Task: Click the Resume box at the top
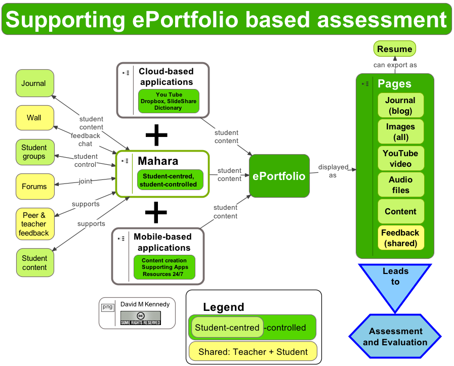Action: pyautogui.click(x=395, y=49)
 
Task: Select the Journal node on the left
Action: pyautogui.click(x=34, y=83)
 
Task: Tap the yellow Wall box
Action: pyautogui.click(x=34, y=118)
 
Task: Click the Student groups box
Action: pyautogui.click(x=34, y=152)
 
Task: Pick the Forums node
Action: pyautogui.click(x=34, y=187)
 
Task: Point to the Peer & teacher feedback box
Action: pyautogui.click(x=34, y=224)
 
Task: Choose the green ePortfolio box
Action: pyautogui.click(x=279, y=176)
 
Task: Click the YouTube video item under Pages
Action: pyautogui.click(x=400, y=158)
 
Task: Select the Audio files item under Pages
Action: pyautogui.click(x=400, y=185)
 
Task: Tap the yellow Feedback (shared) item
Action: pyautogui.click(x=400, y=238)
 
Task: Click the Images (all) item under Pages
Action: pyautogui.click(x=400, y=132)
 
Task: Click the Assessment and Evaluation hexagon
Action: pyautogui.click(x=395, y=337)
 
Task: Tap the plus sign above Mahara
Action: pyautogui.click(x=156, y=134)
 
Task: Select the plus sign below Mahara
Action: pyautogui.click(x=156, y=212)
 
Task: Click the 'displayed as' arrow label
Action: pyautogui.click(x=333, y=171)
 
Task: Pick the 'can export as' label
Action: pyautogui.click(x=395, y=65)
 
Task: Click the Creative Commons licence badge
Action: pyautogui.click(x=140, y=318)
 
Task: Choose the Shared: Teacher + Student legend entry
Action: pyautogui.click(x=253, y=351)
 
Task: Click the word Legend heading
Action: pyautogui.click(x=223, y=307)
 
